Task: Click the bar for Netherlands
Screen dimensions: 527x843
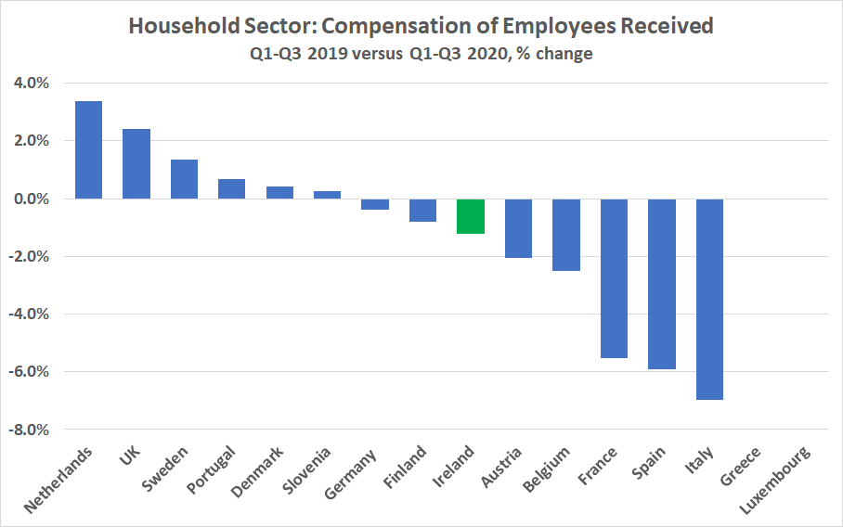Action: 88,149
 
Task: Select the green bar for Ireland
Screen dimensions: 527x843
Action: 471,216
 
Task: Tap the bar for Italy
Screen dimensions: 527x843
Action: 709,299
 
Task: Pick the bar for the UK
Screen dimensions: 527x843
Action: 136,163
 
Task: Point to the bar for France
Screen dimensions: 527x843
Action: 614,278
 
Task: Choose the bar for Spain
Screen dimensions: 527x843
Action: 662,284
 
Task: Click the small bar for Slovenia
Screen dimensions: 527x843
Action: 328,195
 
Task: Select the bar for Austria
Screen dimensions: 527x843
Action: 518,228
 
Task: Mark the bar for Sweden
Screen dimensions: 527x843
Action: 184,179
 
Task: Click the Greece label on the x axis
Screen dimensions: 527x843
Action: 741,466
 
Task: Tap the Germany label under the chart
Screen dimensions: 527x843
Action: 351,472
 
